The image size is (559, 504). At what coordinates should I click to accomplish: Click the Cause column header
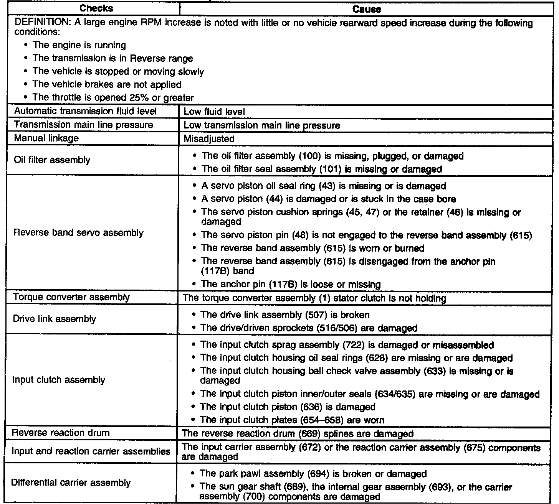[367, 9]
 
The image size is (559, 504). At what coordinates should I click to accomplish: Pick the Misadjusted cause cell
[209, 138]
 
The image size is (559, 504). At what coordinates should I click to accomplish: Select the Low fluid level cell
[214, 112]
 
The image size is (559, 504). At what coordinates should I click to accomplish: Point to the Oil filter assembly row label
[52, 160]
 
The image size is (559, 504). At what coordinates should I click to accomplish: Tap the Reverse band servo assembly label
[78, 233]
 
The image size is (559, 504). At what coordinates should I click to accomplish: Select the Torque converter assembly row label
[71, 297]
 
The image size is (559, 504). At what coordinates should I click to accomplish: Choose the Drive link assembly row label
[55, 319]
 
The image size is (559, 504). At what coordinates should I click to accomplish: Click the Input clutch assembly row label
[59, 380]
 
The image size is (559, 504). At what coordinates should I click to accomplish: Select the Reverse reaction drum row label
[61, 433]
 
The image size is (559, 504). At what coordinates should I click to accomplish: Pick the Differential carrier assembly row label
[71, 483]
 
